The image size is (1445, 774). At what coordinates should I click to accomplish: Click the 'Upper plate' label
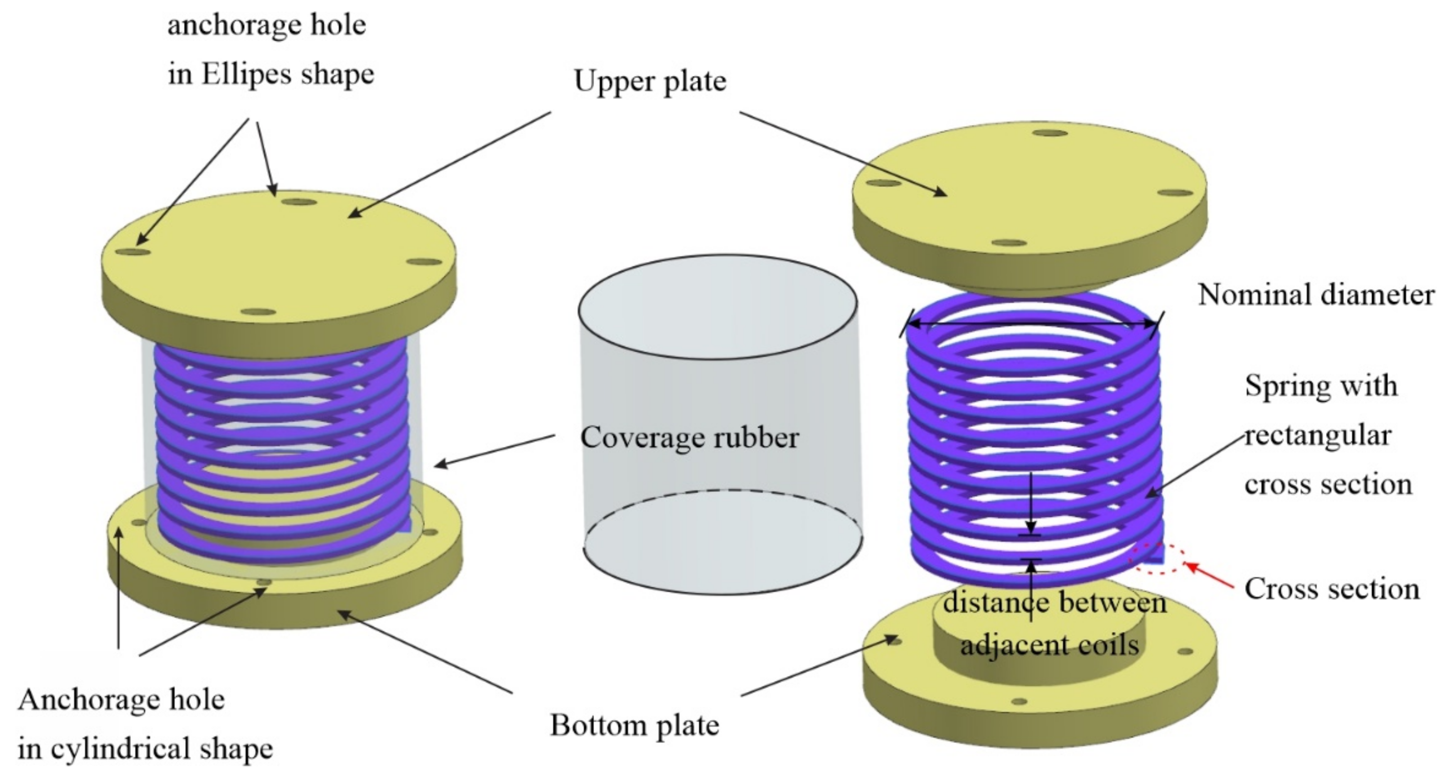650,82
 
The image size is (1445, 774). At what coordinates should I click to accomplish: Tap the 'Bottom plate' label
634,725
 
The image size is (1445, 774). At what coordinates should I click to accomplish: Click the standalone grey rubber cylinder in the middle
721,427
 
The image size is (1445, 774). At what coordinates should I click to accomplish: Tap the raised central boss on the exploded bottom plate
1038,640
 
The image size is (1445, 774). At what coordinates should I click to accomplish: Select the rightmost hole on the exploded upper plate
1176,193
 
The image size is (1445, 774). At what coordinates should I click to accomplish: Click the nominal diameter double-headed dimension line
1032,324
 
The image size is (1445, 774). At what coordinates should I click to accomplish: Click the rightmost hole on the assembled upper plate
424,262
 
